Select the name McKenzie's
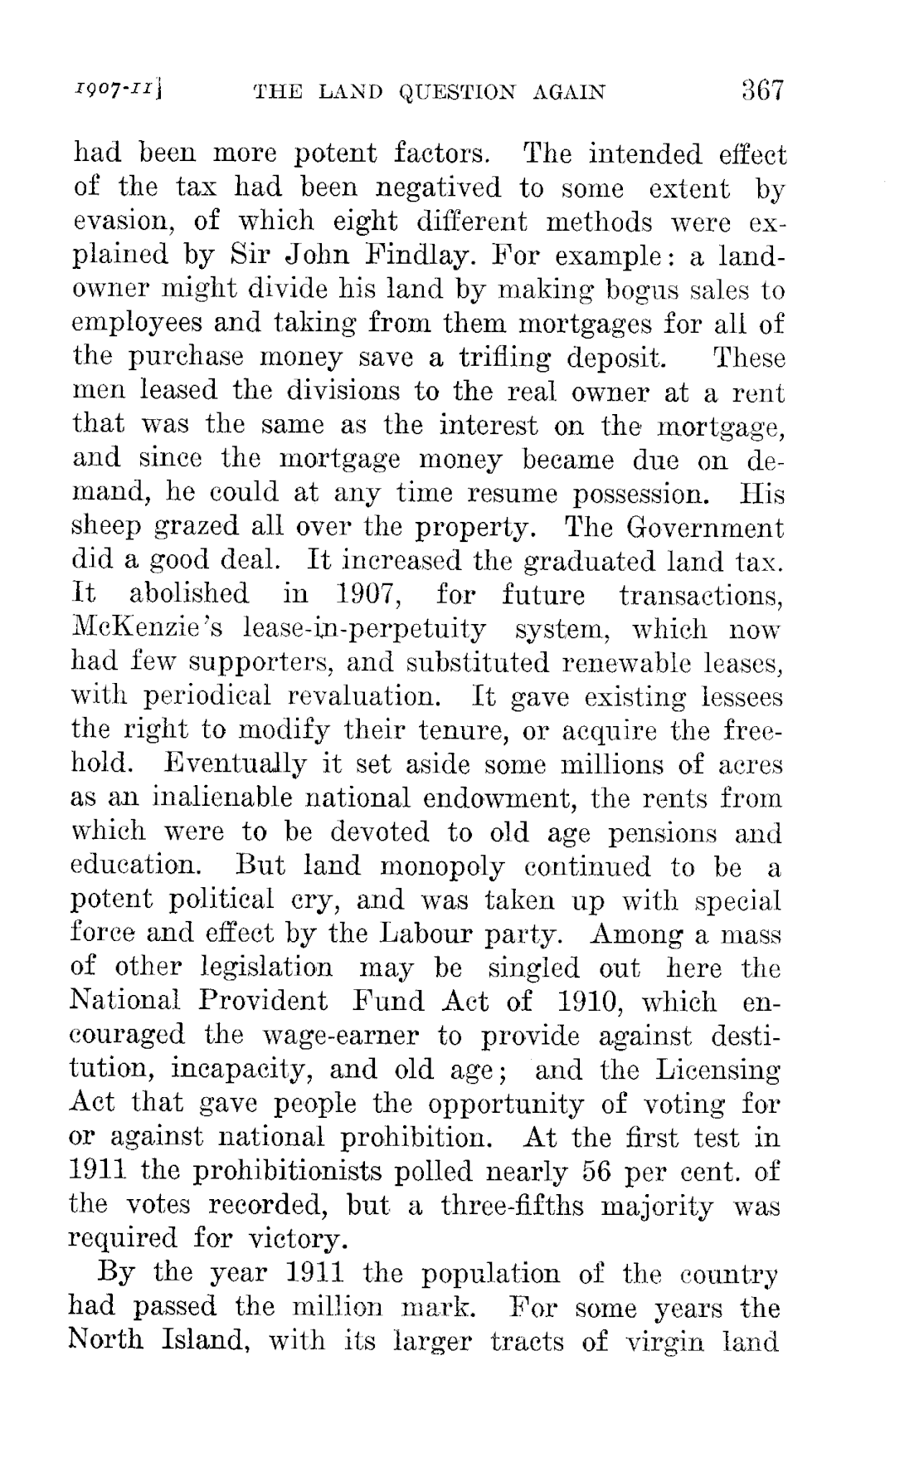tap(148, 628)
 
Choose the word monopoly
tap(443, 866)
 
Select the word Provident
tap(264, 1001)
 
